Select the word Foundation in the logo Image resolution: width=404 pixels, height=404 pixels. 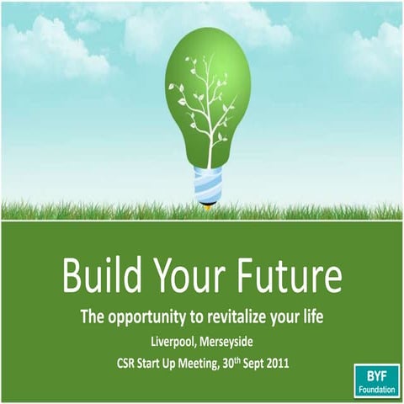(x=376, y=391)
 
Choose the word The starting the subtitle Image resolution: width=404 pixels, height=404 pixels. (x=93, y=317)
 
